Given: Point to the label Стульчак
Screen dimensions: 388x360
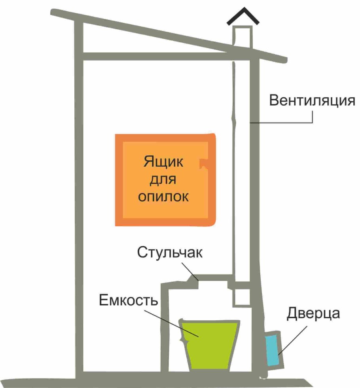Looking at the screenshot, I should (x=170, y=253).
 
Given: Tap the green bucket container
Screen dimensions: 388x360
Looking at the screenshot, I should (x=210, y=344).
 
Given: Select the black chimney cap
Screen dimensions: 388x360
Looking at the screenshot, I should (x=243, y=15).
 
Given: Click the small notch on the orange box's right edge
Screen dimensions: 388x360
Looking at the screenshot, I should (x=204, y=163).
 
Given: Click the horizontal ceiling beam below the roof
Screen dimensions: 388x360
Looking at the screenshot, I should (x=158, y=57).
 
